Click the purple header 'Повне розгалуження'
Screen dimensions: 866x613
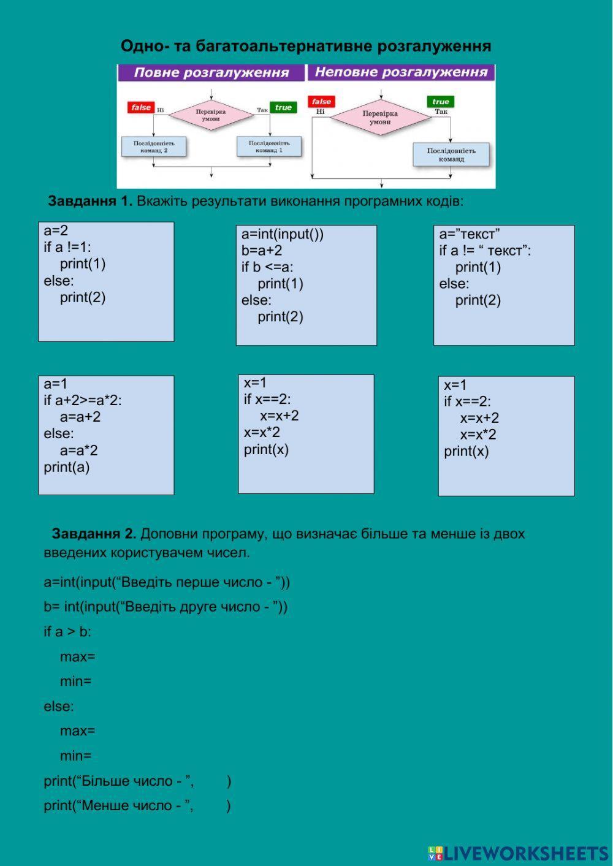coord(211,73)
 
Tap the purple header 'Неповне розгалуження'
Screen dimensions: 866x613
coord(401,72)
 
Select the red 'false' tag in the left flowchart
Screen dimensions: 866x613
coord(140,107)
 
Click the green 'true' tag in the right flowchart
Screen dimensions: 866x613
coord(440,102)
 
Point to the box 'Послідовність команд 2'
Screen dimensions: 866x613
coord(154,146)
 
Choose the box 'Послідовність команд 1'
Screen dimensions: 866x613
coord(269,146)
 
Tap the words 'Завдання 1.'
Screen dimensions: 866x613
coord(90,201)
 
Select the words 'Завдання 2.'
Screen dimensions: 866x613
coord(94,534)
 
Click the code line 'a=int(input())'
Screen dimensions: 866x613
coord(282,234)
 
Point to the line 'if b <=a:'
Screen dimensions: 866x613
coord(267,267)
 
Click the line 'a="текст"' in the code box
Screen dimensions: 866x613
coord(470,234)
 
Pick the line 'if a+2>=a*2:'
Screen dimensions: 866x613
coord(83,401)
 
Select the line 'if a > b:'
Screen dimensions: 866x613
coord(67,632)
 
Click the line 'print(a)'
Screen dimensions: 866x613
coord(66,468)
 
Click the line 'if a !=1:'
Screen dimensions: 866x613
coord(67,248)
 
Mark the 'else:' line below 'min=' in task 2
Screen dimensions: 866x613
coord(59,707)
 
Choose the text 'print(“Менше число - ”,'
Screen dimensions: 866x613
coord(119,806)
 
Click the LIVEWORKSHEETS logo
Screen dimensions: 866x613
coord(518,853)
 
